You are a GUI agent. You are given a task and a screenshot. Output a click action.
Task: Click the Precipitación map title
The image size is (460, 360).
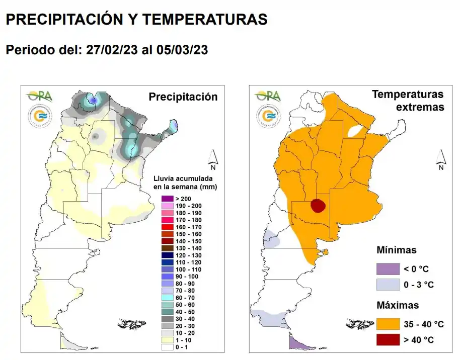(183, 97)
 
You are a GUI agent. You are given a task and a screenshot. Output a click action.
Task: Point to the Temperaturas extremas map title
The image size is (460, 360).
(407, 101)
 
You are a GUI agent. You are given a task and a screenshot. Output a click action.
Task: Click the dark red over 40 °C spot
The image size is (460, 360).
(318, 206)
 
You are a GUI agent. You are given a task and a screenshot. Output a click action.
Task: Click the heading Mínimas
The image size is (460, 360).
(397, 250)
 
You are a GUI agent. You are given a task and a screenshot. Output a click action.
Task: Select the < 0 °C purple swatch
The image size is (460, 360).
(389, 269)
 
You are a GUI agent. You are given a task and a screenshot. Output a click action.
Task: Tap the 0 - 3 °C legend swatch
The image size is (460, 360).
(389, 285)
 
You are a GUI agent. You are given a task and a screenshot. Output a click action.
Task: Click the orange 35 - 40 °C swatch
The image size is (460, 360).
(389, 324)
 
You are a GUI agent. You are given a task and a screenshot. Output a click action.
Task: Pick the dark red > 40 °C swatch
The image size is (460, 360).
(389, 340)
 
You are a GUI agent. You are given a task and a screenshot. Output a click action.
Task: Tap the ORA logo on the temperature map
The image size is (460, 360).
(268, 95)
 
